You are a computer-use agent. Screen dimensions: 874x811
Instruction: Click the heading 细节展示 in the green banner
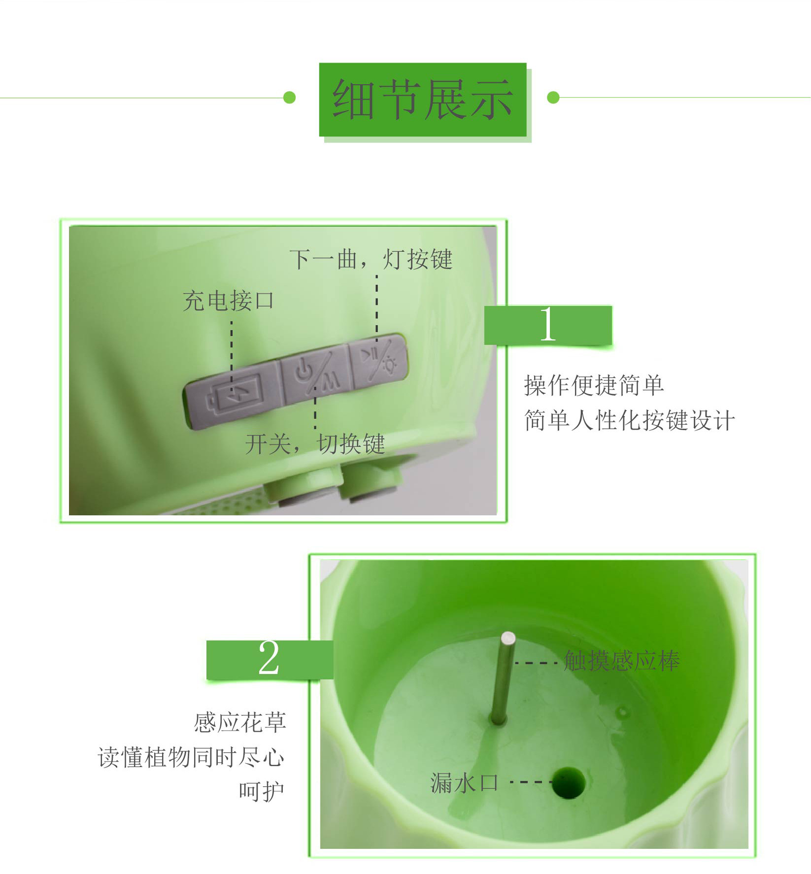coord(423,100)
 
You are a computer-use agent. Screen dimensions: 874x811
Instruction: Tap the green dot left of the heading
coord(290,98)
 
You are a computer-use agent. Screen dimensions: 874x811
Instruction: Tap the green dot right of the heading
coord(553,98)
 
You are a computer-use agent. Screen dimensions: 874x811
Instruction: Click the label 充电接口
coord(228,301)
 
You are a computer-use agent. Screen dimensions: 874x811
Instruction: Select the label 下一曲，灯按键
coord(371,259)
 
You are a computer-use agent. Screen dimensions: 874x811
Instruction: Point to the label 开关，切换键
coord(315,444)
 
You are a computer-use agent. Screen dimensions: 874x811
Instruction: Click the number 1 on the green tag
coord(548,324)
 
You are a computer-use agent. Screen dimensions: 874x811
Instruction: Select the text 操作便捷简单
coord(594,385)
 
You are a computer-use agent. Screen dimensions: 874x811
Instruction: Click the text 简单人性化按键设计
coord(629,421)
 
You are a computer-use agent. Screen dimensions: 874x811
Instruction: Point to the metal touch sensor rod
coord(503,680)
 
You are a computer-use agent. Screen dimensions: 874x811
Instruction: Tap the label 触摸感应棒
coord(622,661)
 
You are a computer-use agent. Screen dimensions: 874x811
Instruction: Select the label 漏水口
coord(464,783)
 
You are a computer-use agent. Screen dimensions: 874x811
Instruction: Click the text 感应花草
coord(240,722)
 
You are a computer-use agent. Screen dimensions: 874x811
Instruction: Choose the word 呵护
coord(262,792)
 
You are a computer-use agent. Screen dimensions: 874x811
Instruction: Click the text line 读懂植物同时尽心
coord(191,757)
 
